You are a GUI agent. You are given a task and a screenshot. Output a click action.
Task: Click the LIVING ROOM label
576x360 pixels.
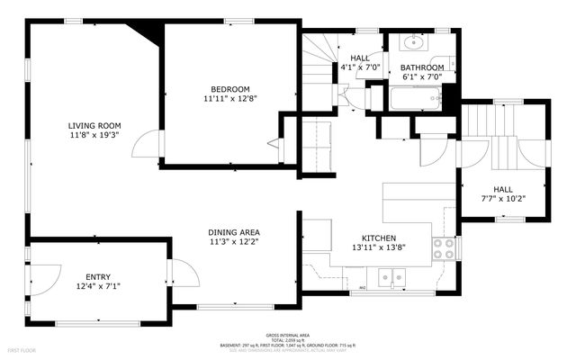pos(94,125)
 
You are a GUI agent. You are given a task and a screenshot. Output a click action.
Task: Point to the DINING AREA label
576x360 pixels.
pos(234,232)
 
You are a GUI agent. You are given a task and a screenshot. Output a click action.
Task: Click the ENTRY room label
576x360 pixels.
pos(98,276)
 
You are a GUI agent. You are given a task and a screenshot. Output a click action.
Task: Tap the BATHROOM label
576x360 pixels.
pos(422,67)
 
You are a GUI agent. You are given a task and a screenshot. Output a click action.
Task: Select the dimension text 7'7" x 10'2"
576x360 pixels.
pos(503,199)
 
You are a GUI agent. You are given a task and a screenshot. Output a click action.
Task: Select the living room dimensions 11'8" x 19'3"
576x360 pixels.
pos(94,135)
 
